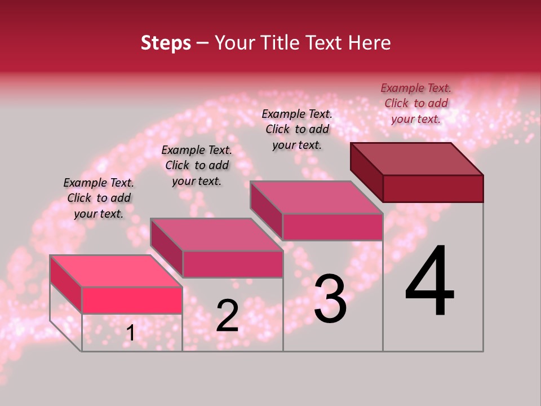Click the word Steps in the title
point(166,43)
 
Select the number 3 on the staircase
point(330,299)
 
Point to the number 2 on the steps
point(227,315)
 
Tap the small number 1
point(130,333)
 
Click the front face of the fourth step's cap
point(433,188)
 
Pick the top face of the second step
point(216,235)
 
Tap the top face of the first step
point(116,271)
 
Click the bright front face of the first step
point(132,300)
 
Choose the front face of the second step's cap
point(232,264)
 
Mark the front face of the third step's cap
point(332,227)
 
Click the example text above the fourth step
point(416,103)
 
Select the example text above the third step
point(297,129)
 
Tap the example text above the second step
point(197,165)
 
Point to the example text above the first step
point(99,198)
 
